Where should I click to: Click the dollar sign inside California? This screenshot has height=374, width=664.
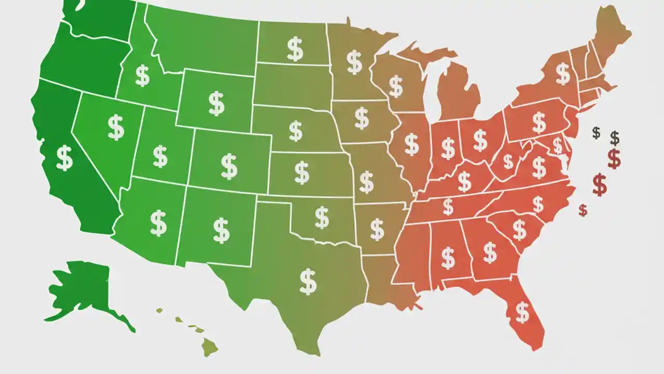coord(64,158)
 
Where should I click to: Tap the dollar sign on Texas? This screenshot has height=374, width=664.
coord(308,281)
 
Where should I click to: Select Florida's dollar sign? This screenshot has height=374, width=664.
coord(522,312)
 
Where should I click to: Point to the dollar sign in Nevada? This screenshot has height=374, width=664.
coord(116,127)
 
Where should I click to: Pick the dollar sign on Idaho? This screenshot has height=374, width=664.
coord(142,76)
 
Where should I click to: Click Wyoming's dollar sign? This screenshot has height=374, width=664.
coord(216,103)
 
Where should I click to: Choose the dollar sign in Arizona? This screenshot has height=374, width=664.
coord(158,222)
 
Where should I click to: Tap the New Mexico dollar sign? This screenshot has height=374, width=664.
coord(221,230)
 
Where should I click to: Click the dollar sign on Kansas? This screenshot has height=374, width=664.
coord(301,172)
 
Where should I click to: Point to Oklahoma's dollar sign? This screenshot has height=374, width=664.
coord(322,217)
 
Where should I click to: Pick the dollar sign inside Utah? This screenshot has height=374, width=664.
coord(160,156)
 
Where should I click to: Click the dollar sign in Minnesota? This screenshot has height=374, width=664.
coord(354,62)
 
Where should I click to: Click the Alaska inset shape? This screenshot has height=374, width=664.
coord(83,291)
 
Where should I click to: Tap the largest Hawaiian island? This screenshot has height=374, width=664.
coord(210,345)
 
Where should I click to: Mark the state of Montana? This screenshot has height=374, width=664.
coord(202,42)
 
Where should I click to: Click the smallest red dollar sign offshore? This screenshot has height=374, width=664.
coord(583,210)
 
